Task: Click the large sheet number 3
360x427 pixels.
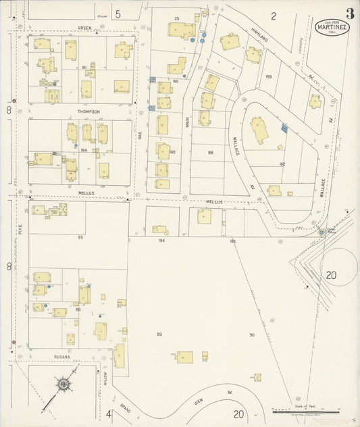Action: coord(350,14)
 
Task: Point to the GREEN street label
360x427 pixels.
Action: coord(84,28)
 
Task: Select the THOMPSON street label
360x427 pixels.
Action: coord(88,111)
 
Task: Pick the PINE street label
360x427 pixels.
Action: coord(21,229)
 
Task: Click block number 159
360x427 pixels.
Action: coord(268,76)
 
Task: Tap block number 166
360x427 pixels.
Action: coord(210,153)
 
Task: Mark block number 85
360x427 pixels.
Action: coord(80,237)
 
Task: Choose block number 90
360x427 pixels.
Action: coord(251,335)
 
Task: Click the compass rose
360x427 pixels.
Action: coord(65,385)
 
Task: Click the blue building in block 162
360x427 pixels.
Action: coord(284,127)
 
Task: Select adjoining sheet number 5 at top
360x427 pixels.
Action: coord(118,14)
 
